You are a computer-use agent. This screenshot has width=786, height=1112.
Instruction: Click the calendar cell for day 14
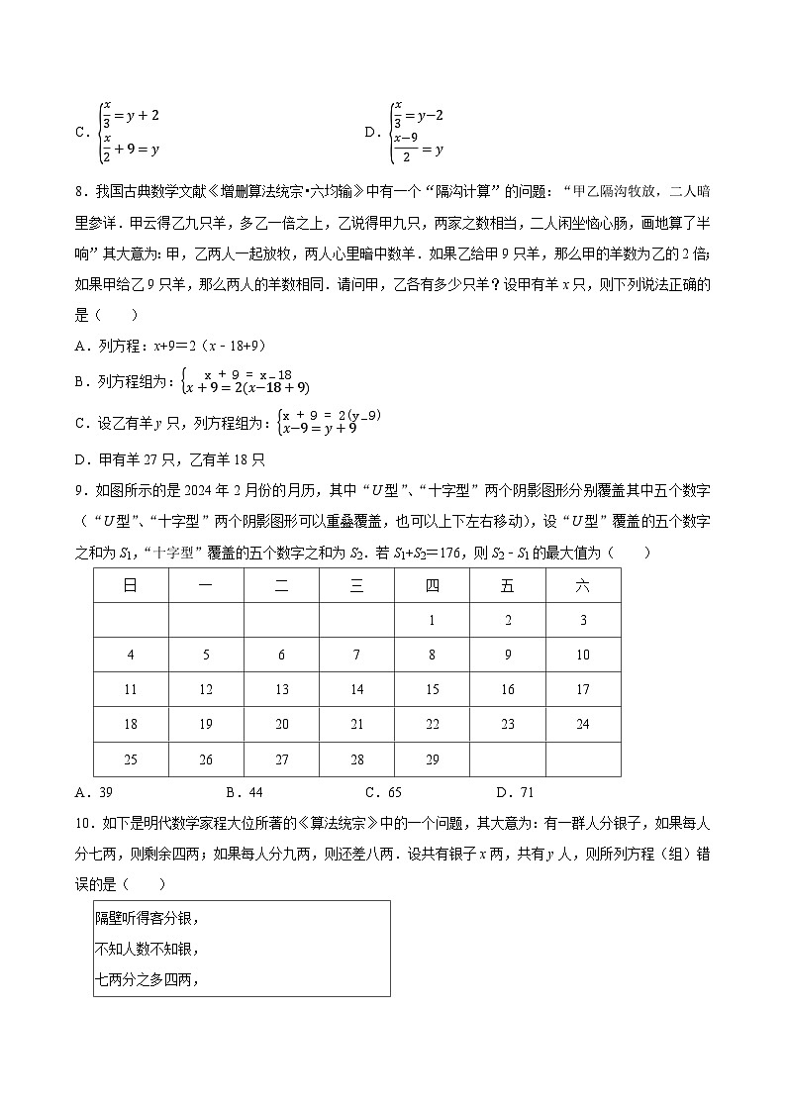pos(357,690)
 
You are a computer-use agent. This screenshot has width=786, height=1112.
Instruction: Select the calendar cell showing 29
pos(433,759)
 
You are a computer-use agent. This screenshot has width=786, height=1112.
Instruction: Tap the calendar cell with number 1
pos(433,621)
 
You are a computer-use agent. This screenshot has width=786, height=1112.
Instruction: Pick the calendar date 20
pos(282,725)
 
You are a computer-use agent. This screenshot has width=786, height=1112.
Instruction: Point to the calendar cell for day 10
pos(583,656)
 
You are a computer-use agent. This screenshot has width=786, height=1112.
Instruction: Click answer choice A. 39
pos(94,792)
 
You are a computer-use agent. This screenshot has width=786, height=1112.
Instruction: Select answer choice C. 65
pos(383,792)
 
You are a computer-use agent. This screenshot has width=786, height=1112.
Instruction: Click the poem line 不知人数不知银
pos(147,949)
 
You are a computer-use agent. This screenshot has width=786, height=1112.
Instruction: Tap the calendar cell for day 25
pos(131,759)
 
